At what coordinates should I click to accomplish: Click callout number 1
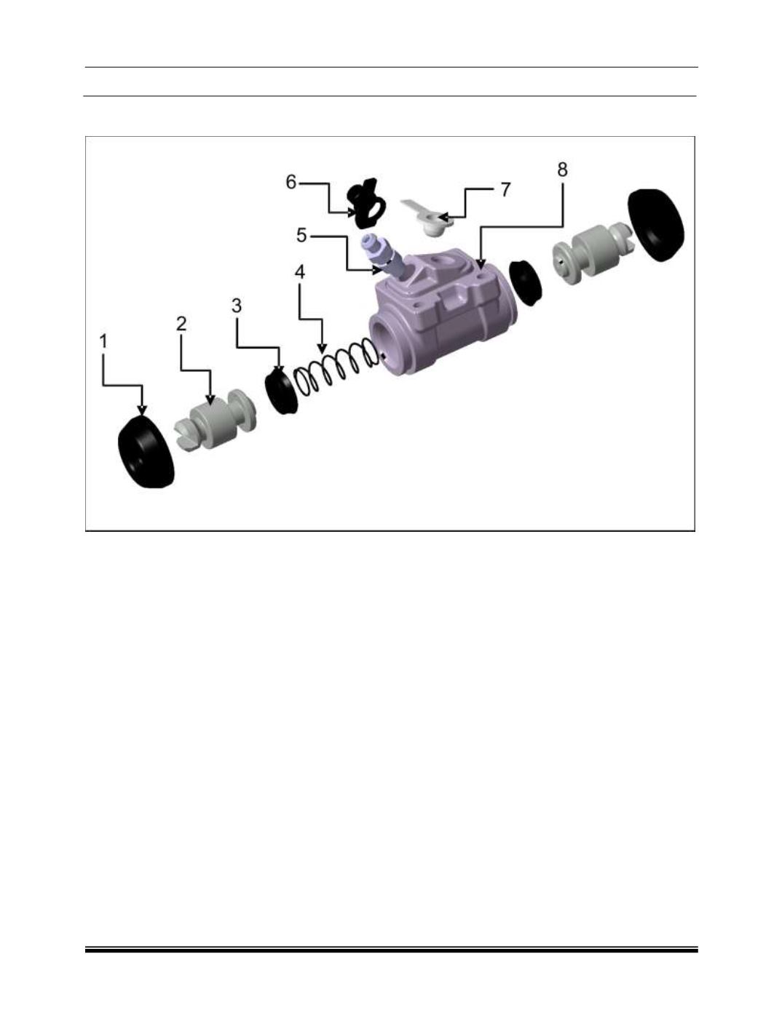103,341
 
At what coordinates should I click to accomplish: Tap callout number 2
181,323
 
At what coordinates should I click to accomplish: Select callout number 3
237,306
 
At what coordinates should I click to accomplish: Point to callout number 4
299,272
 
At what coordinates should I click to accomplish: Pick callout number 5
301,234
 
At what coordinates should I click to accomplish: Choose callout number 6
291,182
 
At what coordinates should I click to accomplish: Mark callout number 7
505,189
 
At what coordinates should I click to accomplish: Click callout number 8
562,169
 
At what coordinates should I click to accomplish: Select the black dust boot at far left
146,452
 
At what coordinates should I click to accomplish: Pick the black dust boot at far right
656,225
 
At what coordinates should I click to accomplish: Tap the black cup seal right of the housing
526,282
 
